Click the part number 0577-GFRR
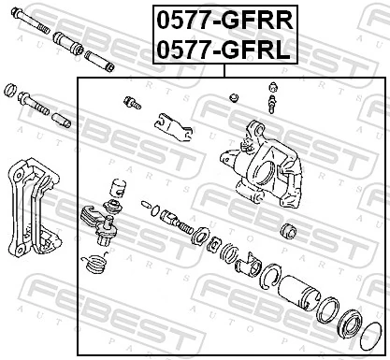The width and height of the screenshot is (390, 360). tap(222, 19)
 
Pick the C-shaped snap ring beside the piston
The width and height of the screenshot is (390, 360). tap(272, 275)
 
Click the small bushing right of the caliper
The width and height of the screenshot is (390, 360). tap(289, 229)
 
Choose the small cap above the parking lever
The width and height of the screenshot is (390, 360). tap(116, 185)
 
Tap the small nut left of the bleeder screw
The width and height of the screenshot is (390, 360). tap(234, 96)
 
